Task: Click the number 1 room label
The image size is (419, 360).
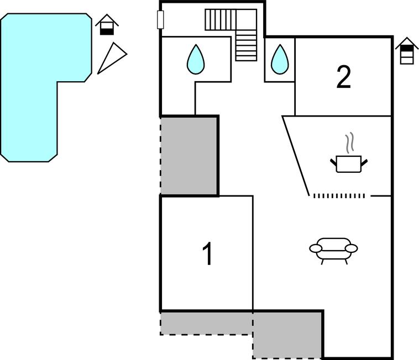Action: click(x=207, y=255)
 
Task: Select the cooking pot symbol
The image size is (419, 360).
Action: click(x=349, y=164)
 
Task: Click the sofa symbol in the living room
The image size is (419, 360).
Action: click(x=333, y=249)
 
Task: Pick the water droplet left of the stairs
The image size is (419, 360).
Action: click(x=195, y=59)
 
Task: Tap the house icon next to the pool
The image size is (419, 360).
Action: click(x=107, y=25)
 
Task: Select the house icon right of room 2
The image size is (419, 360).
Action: click(x=406, y=51)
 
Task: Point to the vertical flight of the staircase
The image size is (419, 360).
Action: click(x=247, y=45)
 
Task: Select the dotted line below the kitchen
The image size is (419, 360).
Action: click(x=339, y=196)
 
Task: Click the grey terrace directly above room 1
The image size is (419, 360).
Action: click(x=189, y=155)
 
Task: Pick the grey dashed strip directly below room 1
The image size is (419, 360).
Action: click(x=206, y=323)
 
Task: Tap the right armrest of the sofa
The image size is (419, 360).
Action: click(x=352, y=248)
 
